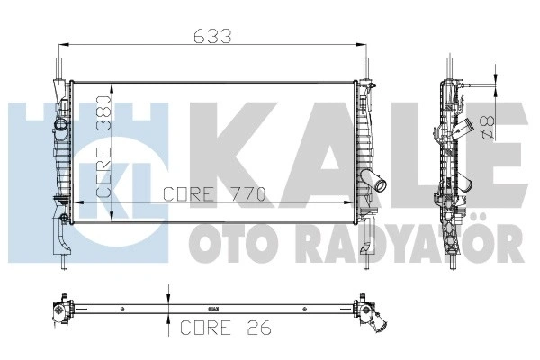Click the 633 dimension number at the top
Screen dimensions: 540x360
212,36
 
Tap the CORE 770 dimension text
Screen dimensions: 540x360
214,194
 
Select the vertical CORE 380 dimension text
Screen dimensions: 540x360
103,147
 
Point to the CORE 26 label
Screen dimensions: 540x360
226,328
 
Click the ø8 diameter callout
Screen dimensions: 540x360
488,128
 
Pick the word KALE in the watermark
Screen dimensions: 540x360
358,156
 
